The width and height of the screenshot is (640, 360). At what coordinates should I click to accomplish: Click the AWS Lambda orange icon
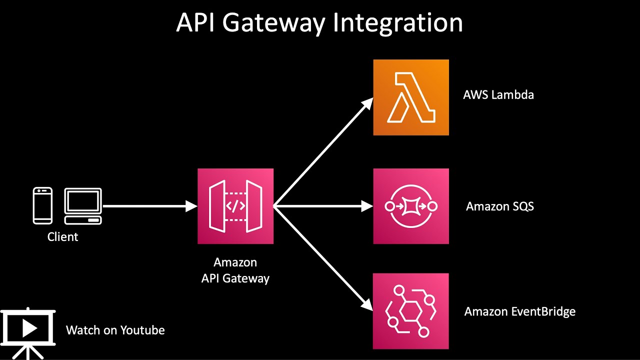411,97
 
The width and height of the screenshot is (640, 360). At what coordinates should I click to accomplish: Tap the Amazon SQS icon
411,206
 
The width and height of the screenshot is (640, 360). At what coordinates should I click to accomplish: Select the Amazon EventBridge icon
411,311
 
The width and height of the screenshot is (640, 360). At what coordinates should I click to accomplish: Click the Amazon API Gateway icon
235,206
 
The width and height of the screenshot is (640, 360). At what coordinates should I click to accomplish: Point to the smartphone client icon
42,205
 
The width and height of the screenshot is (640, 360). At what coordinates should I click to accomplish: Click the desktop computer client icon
82,205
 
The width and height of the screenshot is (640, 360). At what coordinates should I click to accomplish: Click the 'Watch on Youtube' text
115,330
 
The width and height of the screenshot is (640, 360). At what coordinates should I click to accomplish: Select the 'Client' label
62,236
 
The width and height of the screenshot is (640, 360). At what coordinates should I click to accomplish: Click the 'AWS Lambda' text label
498,94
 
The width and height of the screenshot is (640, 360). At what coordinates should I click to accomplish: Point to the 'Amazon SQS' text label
499,206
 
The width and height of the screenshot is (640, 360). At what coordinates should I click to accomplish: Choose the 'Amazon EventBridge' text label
519,311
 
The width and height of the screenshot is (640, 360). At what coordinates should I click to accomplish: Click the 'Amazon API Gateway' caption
235,270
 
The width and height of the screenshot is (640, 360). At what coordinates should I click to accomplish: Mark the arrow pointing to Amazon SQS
322,206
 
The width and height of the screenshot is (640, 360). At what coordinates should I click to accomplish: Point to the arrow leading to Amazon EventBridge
322,257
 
